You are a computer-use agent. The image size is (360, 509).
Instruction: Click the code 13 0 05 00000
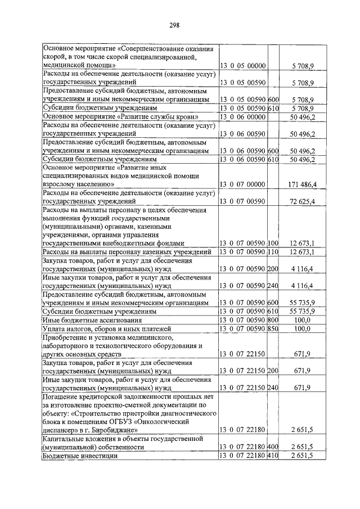tap(246, 66)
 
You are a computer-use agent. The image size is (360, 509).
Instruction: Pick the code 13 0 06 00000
tap(246, 116)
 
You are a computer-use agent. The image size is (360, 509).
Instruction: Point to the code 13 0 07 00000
tap(246, 184)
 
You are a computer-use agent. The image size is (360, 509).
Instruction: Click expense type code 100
tap(274, 242)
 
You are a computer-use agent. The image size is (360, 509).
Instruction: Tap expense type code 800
tap(274, 319)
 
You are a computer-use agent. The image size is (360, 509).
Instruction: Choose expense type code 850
tap(274, 328)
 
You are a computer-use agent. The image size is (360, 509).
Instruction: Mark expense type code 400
tap(274, 447)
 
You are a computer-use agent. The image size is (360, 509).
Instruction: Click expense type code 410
tap(274, 455)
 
